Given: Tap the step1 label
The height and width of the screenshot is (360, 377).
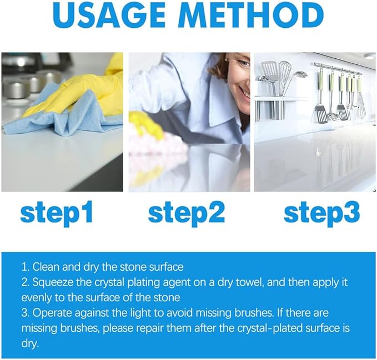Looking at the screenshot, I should pos(57,214).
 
